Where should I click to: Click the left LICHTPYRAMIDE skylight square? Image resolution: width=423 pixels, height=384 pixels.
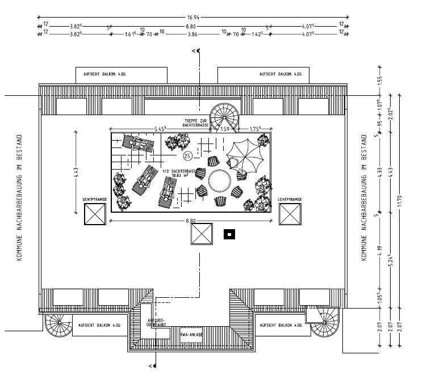[x=94, y=215]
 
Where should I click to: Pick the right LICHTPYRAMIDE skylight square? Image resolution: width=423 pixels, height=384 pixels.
[x=290, y=215]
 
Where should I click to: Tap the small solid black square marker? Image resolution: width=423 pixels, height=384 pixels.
[x=229, y=233]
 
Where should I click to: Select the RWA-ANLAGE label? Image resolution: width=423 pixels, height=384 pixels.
[x=191, y=335]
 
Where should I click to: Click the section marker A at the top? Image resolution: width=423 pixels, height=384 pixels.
[x=195, y=52]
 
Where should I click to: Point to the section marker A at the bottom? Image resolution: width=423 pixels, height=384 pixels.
[x=150, y=366]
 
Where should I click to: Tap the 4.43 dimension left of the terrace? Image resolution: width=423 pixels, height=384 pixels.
[x=77, y=172]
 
